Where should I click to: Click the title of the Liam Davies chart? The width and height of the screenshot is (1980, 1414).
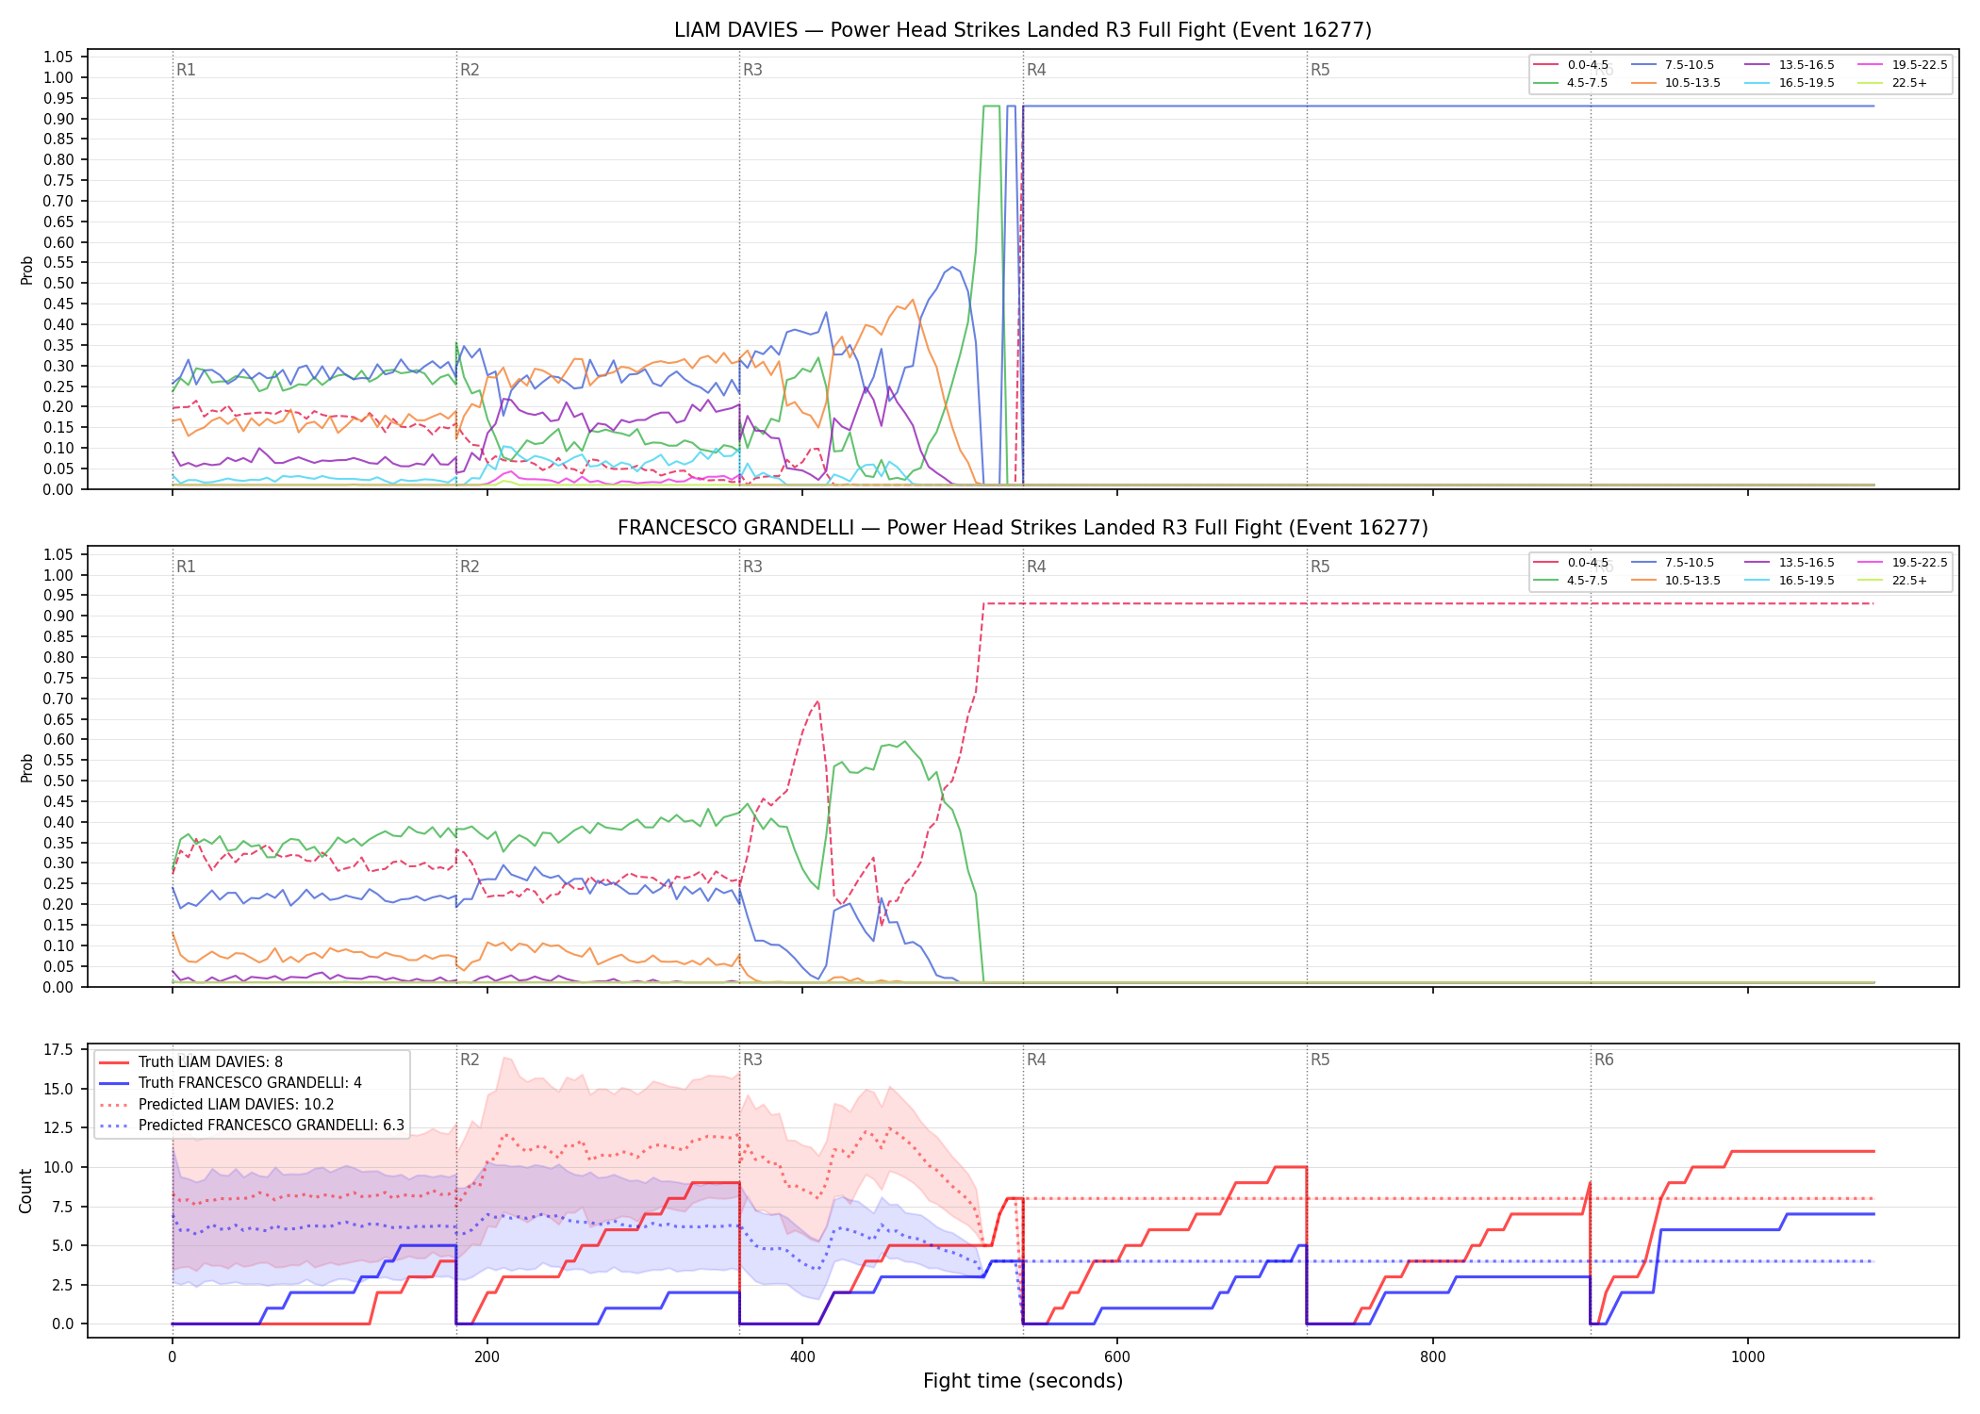click(1023, 30)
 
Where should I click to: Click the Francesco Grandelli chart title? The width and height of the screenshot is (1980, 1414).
click(1023, 528)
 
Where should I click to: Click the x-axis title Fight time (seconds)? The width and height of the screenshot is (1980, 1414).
click(1023, 1381)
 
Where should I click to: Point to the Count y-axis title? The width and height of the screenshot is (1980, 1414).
click(26, 1191)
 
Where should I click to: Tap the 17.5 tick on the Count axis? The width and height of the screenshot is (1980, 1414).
click(58, 1050)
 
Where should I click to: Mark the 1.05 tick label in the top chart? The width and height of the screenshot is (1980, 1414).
click(58, 58)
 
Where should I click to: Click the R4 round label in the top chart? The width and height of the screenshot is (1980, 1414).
click(1036, 70)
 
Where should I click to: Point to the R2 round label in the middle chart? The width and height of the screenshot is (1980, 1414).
click(470, 567)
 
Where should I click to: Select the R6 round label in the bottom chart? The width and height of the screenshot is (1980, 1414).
click(1604, 1060)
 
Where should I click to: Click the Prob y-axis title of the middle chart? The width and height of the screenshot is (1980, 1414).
click(26, 767)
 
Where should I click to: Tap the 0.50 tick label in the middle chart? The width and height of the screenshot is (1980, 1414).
click(58, 781)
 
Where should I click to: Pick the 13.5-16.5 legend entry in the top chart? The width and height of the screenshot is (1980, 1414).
click(1790, 65)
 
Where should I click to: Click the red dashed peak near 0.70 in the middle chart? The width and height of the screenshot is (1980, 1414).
click(817, 700)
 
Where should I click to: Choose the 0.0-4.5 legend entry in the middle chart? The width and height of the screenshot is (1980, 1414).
click(1572, 563)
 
